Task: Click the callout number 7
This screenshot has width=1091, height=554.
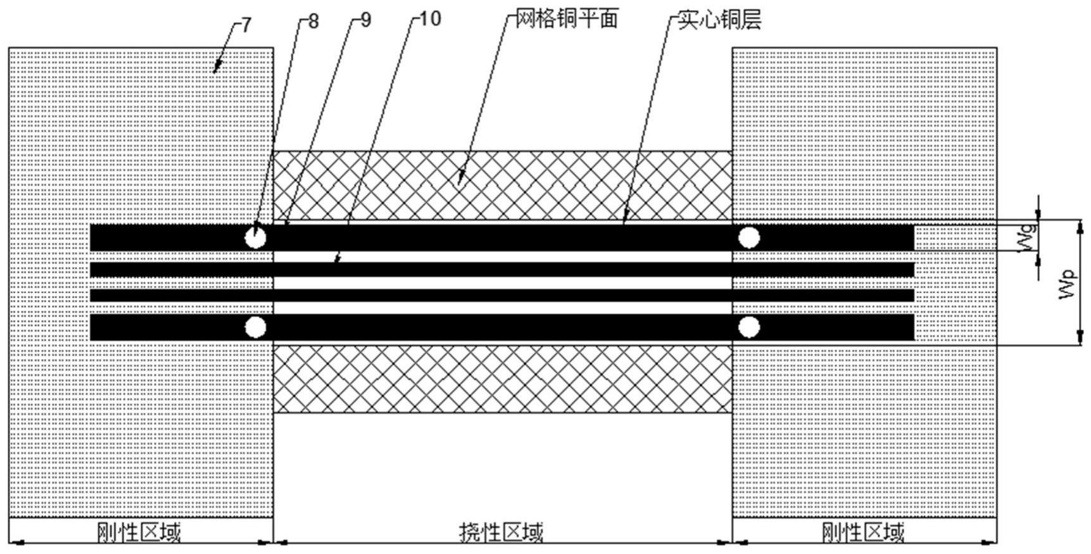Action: [x=246, y=25]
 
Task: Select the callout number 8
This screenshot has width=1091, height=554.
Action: [x=313, y=21]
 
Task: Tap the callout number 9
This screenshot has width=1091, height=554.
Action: [x=365, y=20]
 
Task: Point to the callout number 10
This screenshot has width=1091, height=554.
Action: [x=430, y=19]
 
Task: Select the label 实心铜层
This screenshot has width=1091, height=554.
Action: [x=719, y=20]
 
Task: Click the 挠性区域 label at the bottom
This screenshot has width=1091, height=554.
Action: [x=501, y=532]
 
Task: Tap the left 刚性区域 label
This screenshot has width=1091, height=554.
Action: [x=139, y=532]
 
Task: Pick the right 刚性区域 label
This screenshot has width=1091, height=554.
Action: [x=862, y=532]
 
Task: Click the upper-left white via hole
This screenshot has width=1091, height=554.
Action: [x=256, y=238]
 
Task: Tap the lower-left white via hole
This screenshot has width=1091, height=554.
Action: [x=256, y=328]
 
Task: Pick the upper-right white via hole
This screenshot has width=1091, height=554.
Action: [x=749, y=238]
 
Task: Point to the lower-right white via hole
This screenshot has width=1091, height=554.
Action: [x=749, y=328]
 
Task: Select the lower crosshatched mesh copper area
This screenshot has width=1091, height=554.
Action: [x=502, y=379]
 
